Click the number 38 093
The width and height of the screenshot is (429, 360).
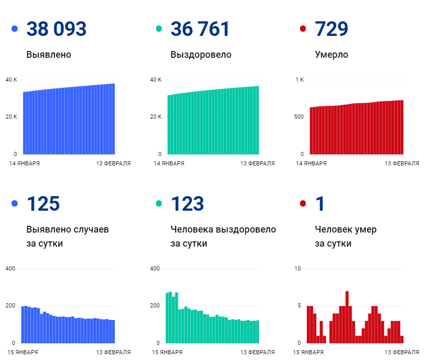tap(56, 29)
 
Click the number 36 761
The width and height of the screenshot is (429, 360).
tap(200, 29)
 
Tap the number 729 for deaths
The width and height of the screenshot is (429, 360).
tap(331, 29)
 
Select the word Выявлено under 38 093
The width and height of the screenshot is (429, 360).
tap(48, 55)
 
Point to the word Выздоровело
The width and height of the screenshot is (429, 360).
tap(201, 55)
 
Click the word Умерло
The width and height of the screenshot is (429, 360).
tap(331, 55)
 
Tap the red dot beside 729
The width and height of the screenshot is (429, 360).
tap(303, 29)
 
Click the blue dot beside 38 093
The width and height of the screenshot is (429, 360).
tap(15, 29)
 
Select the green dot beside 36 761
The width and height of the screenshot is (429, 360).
tap(159, 29)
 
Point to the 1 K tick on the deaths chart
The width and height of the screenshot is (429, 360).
tap(300, 80)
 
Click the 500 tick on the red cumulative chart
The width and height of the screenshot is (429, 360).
tap(299, 117)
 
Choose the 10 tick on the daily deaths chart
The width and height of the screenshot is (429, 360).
tap(297, 268)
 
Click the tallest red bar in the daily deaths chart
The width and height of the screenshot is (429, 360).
tap(347, 317)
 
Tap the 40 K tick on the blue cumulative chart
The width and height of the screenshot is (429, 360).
tap(11, 80)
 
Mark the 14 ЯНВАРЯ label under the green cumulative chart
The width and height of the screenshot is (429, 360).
tap(168, 163)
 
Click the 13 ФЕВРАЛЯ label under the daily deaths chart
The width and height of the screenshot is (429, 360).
tap(401, 352)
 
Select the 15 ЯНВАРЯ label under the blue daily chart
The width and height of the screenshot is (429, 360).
tap(24, 352)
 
